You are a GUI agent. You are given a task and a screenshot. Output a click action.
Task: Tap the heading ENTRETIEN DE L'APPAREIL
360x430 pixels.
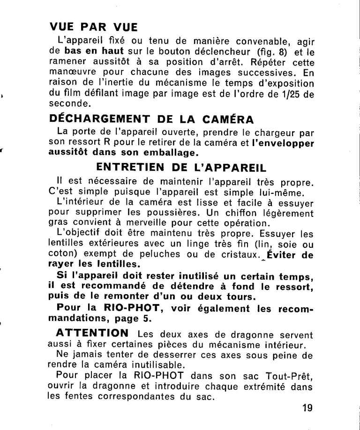182,167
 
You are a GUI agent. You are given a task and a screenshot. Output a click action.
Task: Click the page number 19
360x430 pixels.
307,408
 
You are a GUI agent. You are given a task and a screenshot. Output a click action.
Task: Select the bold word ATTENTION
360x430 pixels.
92,333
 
